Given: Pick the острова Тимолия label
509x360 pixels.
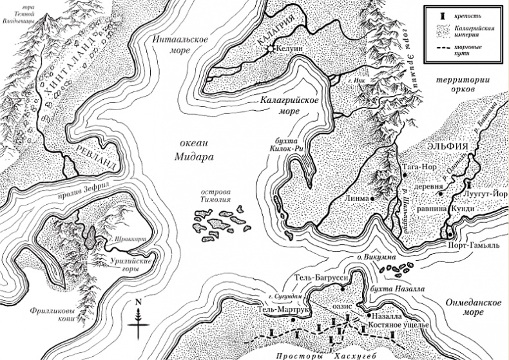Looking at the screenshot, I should [x=216, y=197].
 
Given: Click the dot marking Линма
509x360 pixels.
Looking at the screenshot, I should [x=374, y=199].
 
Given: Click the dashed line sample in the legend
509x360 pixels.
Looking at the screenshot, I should [x=432, y=52].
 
